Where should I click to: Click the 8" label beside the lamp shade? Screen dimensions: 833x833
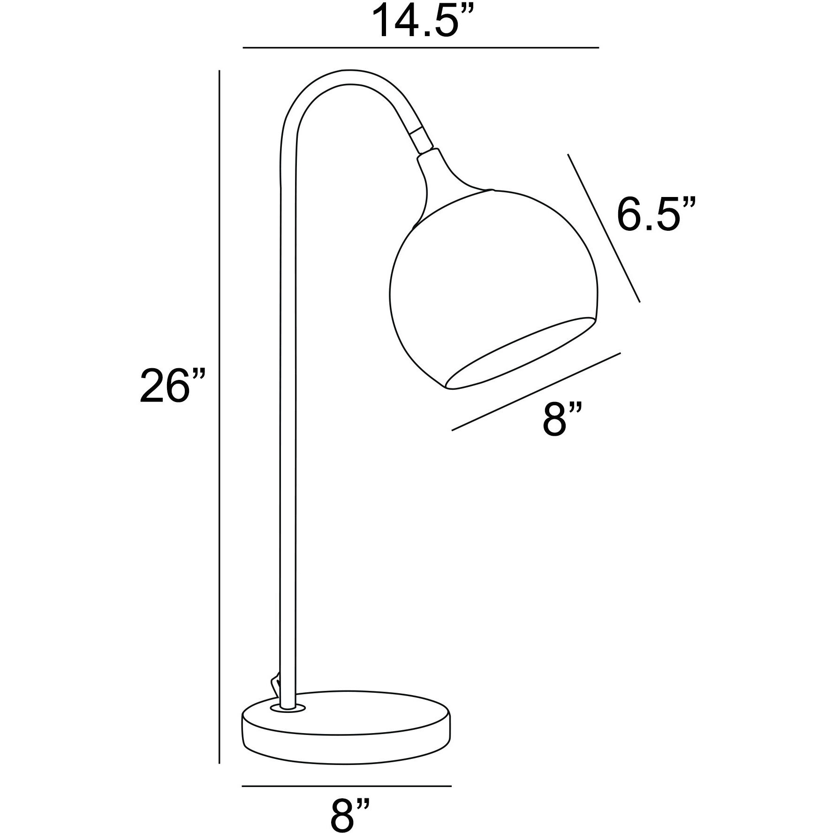click(563, 419)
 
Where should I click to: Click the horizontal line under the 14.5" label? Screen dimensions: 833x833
click(421, 48)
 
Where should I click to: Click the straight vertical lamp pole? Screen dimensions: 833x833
click(288, 422)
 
